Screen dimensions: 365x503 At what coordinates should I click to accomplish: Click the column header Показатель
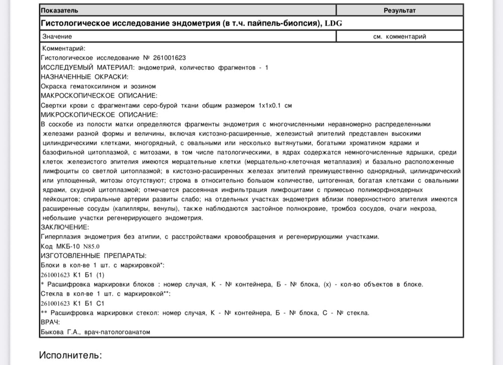[59, 10]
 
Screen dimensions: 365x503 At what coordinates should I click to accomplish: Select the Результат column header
[400, 10]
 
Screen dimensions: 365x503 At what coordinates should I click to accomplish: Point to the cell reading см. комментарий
[400, 37]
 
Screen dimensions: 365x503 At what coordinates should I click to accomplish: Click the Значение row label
[57, 37]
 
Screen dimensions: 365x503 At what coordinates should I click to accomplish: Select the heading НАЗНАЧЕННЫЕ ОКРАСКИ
[84, 77]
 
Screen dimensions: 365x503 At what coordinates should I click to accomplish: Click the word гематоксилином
[95, 86]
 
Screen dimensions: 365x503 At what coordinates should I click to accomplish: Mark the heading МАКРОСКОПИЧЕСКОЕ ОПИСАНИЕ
[99, 95]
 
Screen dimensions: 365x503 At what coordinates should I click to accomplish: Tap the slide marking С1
[100, 303]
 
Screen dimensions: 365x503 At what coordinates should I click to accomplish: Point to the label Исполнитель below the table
[70, 355]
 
